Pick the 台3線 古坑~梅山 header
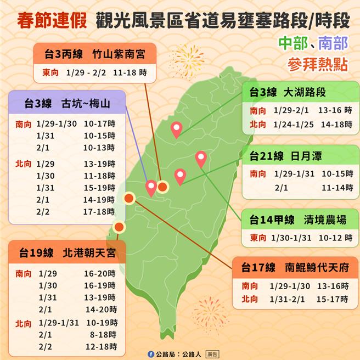pos(67,103)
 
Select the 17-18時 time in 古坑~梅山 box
pos(99,211)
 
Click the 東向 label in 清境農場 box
pos(258,237)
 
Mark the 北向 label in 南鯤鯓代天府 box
pos(250,299)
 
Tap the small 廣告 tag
pos(211,354)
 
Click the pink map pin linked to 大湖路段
pos(176,130)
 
